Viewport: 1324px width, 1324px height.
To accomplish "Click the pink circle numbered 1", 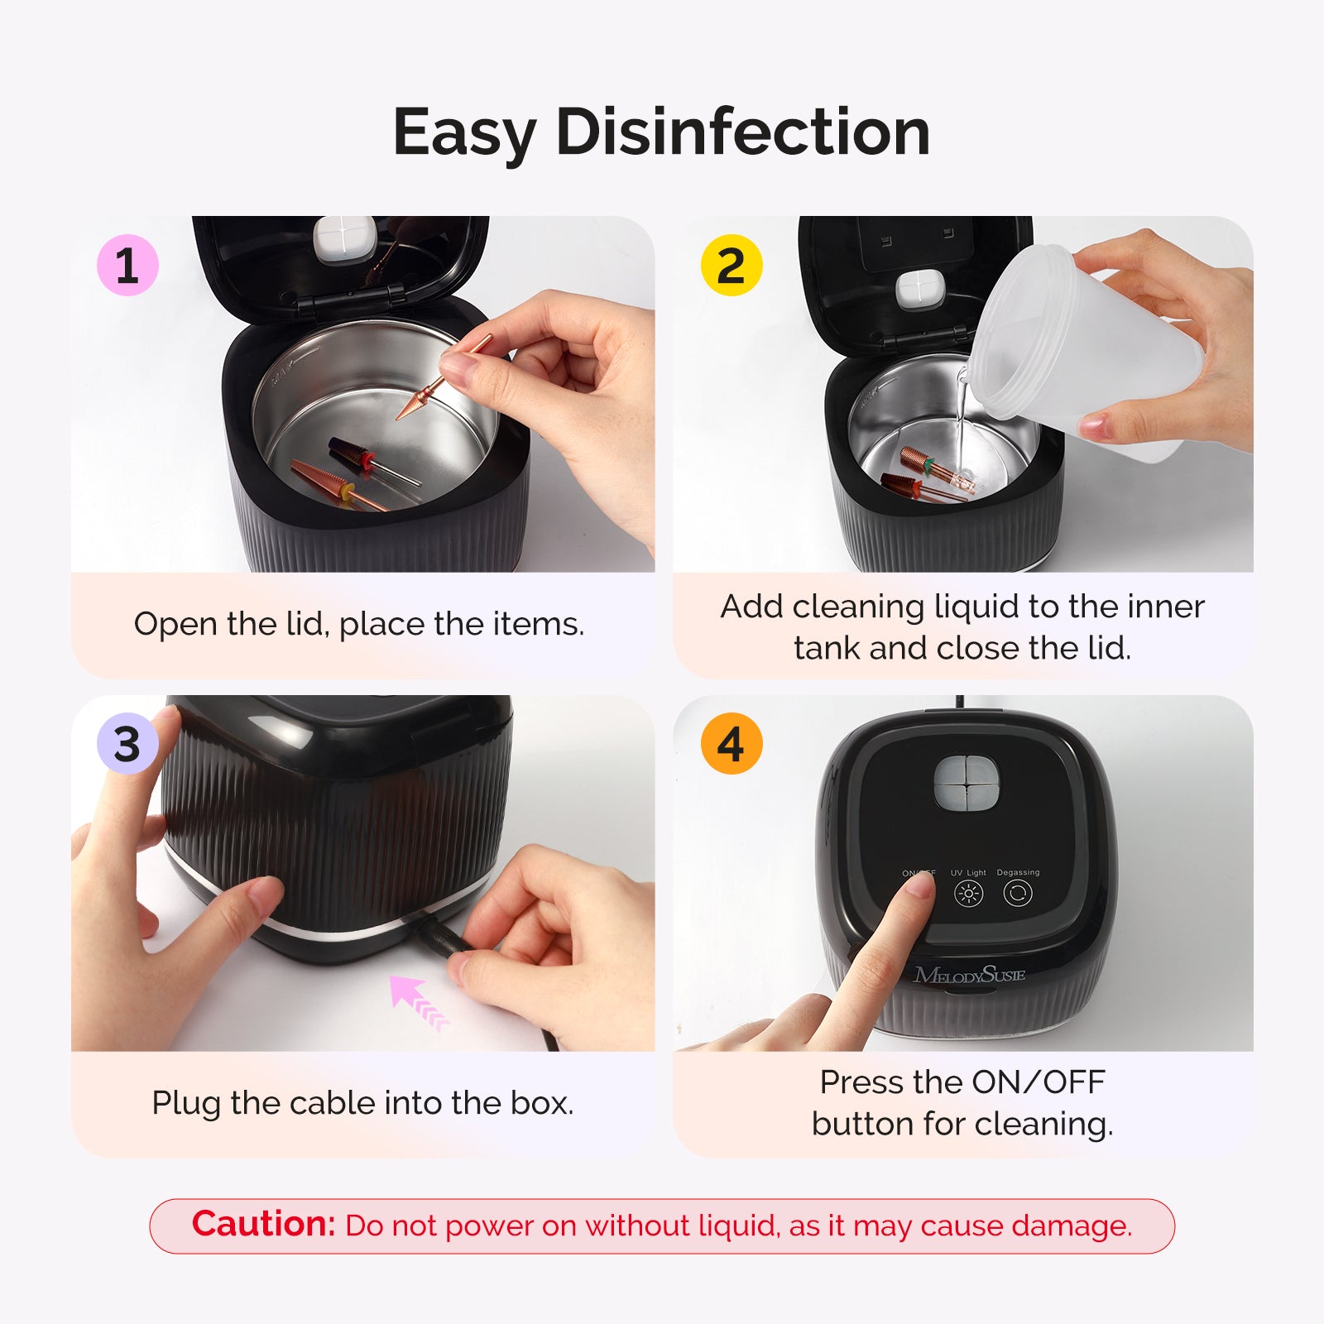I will [x=127, y=266].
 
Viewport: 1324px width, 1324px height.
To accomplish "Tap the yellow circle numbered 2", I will [x=731, y=266].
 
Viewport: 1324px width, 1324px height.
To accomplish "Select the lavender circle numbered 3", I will [x=127, y=744].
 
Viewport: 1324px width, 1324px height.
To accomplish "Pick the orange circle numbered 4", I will [x=731, y=744].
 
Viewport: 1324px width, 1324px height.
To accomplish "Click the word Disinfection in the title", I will [x=743, y=132].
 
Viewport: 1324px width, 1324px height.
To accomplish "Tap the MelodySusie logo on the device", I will [x=969, y=976].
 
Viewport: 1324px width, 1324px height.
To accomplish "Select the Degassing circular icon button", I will [x=1017, y=894].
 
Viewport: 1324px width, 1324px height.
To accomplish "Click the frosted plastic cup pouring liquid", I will [x=1084, y=348].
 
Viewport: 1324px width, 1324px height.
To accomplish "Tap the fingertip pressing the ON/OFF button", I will [x=917, y=887].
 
